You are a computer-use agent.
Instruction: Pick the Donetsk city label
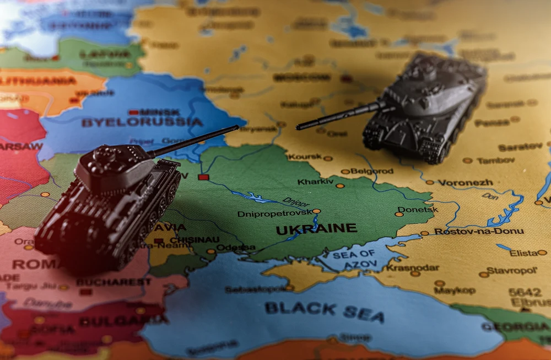tap(418, 209)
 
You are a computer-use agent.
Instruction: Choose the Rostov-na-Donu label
tap(479, 231)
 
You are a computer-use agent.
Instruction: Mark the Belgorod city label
tap(372, 171)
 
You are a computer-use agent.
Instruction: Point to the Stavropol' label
tap(512, 271)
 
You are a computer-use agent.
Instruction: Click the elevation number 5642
tap(525, 292)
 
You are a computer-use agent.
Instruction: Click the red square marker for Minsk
tap(133, 112)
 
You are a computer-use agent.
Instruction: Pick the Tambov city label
tap(496, 160)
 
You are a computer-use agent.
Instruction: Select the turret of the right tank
tap(422, 80)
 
